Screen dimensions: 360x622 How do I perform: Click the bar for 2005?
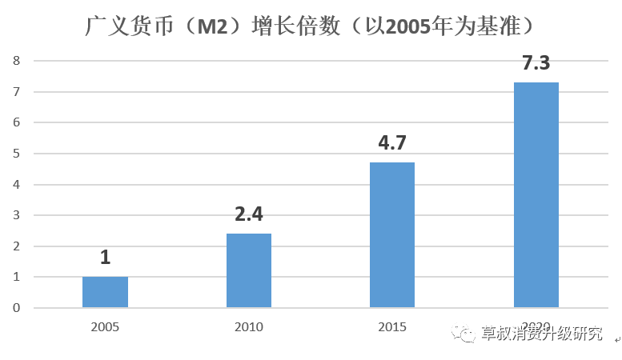pyautogui.click(x=105, y=292)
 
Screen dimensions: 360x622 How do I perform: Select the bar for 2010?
pyautogui.click(x=249, y=270)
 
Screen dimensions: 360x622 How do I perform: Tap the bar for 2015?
pyautogui.click(x=392, y=235)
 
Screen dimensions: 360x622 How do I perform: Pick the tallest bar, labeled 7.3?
pyautogui.click(x=536, y=194)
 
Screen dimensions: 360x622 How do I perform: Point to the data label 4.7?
pyautogui.click(x=392, y=144)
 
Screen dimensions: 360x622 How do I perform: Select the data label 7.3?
pyautogui.click(x=536, y=63)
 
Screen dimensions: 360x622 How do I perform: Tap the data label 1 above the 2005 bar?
pyautogui.click(x=105, y=258)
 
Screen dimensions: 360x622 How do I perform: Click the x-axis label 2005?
pyautogui.click(x=105, y=326)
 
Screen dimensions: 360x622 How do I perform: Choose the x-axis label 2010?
pyautogui.click(x=249, y=326)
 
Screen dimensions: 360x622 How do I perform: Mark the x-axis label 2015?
pyautogui.click(x=392, y=326)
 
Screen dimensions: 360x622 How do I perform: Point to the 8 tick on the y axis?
pyautogui.click(x=16, y=61)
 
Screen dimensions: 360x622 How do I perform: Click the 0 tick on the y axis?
pyautogui.click(x=16, y=308)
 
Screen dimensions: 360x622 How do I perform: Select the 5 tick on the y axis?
pyautogui.click(x=16, y=154)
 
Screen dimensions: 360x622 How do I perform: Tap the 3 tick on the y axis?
pyautogui.click(x=16, y=215)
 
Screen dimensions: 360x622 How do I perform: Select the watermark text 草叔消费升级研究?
pyautogui.click(x=542, y=334)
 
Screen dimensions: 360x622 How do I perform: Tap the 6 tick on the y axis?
pyautogui.click(x=16, y=122)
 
